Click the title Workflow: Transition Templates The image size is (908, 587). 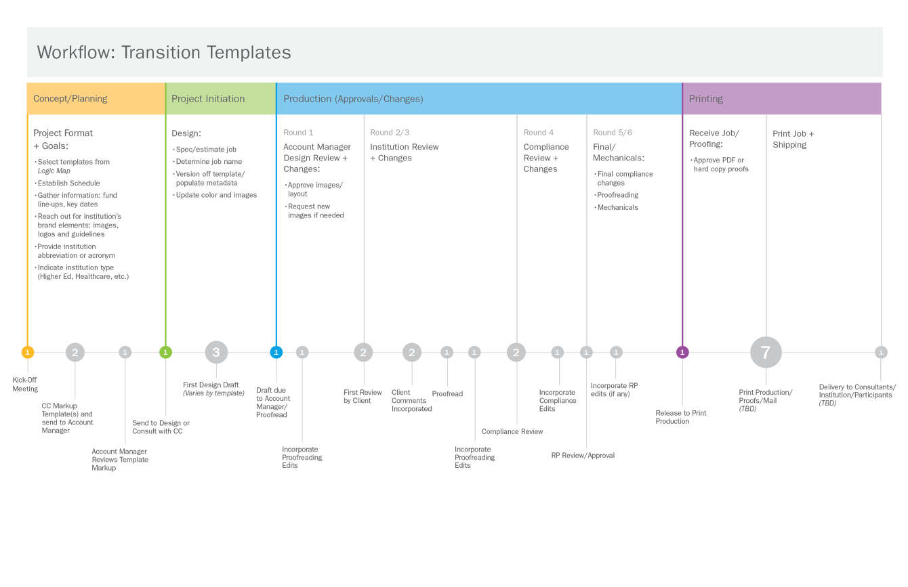point(164,53)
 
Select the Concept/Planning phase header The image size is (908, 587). point(70,99)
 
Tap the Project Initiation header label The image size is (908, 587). point(208,99)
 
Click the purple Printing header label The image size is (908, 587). point(706,99)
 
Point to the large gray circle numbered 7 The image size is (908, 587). point(766,352)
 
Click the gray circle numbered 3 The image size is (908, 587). point(216,352)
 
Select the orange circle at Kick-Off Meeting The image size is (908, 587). point(27,352)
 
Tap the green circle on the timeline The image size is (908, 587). point(165,352)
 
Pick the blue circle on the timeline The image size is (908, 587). point(276,352)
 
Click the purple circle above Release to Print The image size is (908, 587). point(682,352)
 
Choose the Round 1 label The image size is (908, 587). point(298,133)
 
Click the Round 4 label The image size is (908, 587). point(539,133)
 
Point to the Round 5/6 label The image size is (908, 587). point(613,133)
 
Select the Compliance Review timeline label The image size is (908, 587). point(512,431)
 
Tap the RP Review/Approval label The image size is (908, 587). point(583,456)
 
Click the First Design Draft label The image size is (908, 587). point(211,385)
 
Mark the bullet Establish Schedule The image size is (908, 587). point(68,183)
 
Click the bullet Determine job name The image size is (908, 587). point(209,162)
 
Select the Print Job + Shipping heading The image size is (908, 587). point(793,139)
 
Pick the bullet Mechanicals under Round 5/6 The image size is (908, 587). point(617,207)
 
